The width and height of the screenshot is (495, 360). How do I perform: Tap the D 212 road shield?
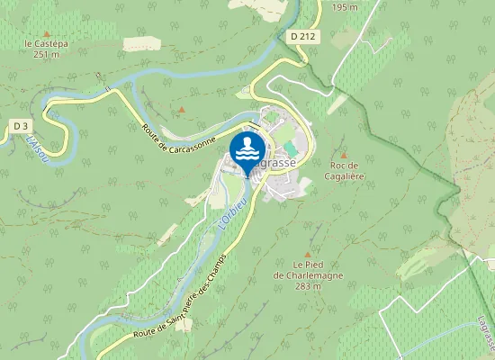pos(302,37)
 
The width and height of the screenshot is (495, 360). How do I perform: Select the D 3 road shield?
pos(21,125)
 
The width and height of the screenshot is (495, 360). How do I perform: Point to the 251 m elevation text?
pos(46,54)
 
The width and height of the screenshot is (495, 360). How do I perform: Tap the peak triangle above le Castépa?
pos(47,31)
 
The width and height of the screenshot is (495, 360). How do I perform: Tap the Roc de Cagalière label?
pos(344,170)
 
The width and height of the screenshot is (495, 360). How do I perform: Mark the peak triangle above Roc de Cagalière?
pos(343,154)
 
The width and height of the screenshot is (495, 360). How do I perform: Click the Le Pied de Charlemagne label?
pos(307,270)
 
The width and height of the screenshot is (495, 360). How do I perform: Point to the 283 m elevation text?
pos(307,286)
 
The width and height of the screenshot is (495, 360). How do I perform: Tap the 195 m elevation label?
pos(345,7)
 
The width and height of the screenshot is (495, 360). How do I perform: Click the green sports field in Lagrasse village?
pos(289,147)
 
